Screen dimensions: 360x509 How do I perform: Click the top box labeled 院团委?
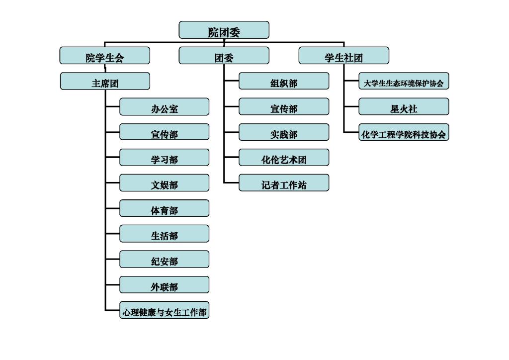point(224,30)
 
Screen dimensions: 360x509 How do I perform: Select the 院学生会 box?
point(104,56)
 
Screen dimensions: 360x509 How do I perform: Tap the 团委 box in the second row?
point(224,56)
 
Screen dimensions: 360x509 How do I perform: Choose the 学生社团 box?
point(343,56)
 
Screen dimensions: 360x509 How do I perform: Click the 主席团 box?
point(105,82)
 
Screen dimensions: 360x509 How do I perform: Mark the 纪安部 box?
point(164,260)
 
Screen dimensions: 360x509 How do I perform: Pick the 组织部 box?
point(284,82)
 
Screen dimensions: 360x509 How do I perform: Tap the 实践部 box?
point(284,132)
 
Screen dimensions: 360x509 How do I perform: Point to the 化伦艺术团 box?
point(284,158)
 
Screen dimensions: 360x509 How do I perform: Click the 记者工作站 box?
point(284,183)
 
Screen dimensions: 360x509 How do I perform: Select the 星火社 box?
point(404,107)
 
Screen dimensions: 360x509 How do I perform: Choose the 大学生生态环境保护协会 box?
point(404,82)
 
